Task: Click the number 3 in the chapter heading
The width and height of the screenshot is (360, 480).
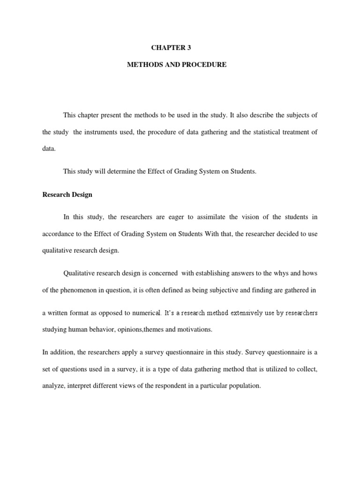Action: point(189,47)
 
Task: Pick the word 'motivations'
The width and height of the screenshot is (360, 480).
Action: point(195,329)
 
